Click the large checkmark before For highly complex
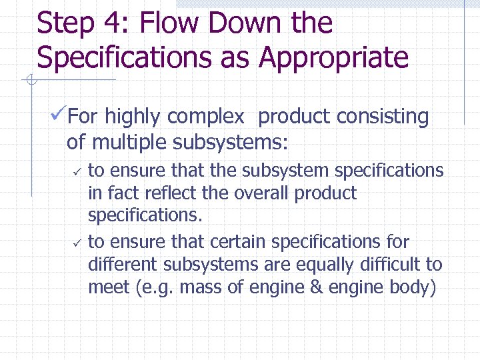58,117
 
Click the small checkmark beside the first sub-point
77,172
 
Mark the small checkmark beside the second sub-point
77,243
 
